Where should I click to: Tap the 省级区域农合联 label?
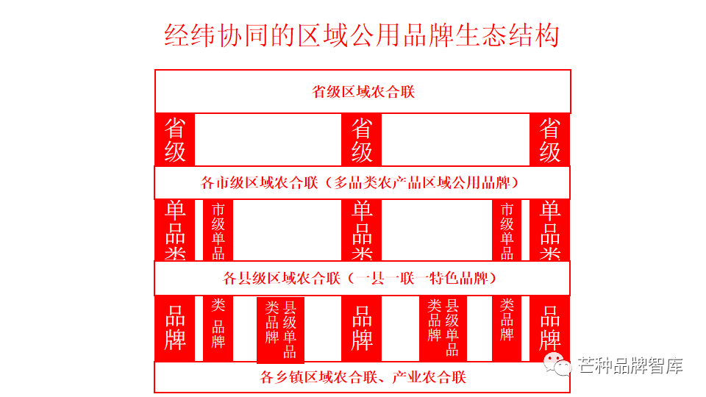[363, 92]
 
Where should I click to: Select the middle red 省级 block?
[362, 140]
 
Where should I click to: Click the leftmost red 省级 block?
[175, 140]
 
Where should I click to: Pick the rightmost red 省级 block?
[550, 140]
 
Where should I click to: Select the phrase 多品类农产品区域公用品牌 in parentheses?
[427, 182]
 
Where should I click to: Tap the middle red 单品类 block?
[362, 230]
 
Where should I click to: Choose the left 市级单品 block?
[218, 230]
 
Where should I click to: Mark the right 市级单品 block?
[507, 230]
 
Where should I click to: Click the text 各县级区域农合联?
[281, 279]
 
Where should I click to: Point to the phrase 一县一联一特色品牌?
[426, 279]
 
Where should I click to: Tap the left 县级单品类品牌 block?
[280, 329]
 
